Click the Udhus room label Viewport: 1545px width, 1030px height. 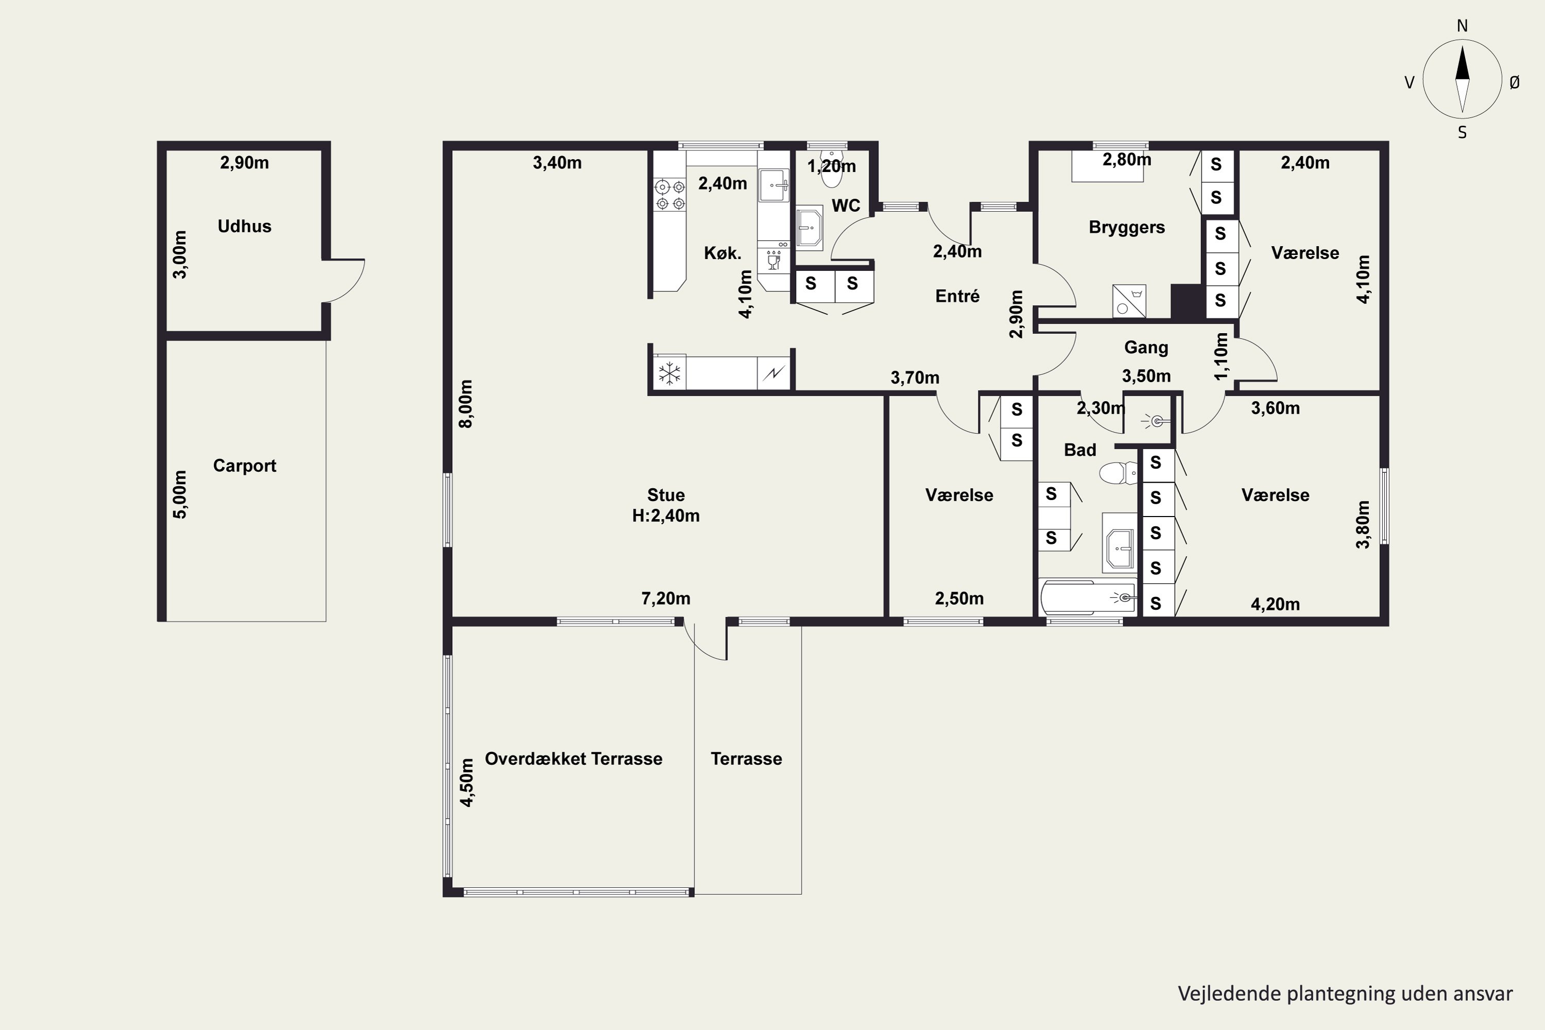coord(244,226)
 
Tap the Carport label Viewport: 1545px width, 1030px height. coord(244,466)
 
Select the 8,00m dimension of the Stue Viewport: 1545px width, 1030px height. coord(465,404)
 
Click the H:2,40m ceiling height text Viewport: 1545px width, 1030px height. coord(665,516)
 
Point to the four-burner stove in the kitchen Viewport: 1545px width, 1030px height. coord(669,195)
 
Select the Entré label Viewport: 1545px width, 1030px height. coord(957,296)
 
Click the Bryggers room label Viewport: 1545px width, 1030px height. coord(1127,227)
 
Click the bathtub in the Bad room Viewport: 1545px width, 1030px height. coord(1088,597)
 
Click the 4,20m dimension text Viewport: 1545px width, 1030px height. coord(1275,604)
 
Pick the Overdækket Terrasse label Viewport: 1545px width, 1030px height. coord(574,759)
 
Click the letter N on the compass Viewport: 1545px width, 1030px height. coord(1462,26)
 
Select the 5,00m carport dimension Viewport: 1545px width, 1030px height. coord(179,494)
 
